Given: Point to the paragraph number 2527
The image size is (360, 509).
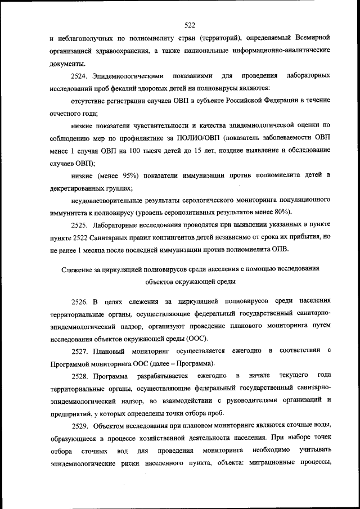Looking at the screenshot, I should coord(80,351).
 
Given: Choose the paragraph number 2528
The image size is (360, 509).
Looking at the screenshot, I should coord(80,376).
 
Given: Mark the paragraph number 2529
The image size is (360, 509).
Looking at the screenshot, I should coord(80,427).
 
